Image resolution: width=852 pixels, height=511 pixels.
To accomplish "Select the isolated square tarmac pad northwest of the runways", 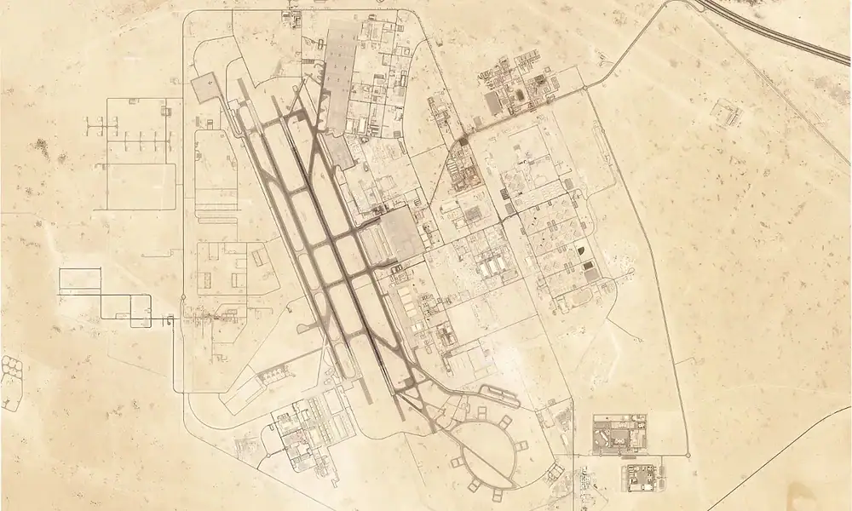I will [204, 87].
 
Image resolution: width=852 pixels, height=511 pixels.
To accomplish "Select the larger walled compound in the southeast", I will [619, 435].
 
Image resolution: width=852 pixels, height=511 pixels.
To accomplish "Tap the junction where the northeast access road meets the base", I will [588, 88].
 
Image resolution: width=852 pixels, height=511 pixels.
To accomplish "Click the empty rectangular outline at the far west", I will [80, 280].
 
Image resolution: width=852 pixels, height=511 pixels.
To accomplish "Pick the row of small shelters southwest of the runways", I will [272, 375].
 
